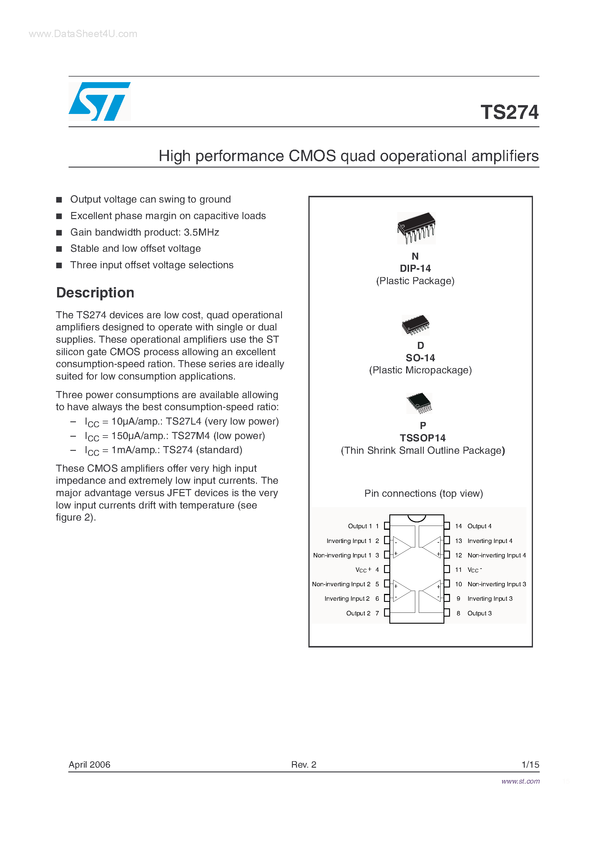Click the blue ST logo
click(99, 101)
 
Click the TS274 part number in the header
click(509, 112)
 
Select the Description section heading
click(95, 292)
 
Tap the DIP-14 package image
click(416, 228)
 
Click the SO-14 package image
click(415, 324)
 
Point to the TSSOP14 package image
click(419, 403)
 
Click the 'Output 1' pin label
click(360, 526)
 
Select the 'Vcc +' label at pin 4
click(363, 569)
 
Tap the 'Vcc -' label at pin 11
click(474, 569)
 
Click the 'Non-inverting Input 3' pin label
click(497, 584)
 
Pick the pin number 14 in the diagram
click(458, 526)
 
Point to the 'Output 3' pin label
click(479, 613)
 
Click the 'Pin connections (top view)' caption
click(423, 493)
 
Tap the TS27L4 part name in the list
click(183, 421)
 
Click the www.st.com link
click(520, 781)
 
